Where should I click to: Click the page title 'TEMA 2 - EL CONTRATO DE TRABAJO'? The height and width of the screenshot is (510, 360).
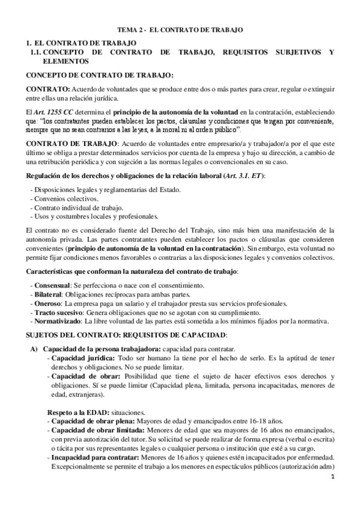180,29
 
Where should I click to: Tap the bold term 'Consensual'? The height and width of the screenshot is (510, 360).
51,284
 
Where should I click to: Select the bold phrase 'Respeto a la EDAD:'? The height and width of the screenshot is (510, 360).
76,413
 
